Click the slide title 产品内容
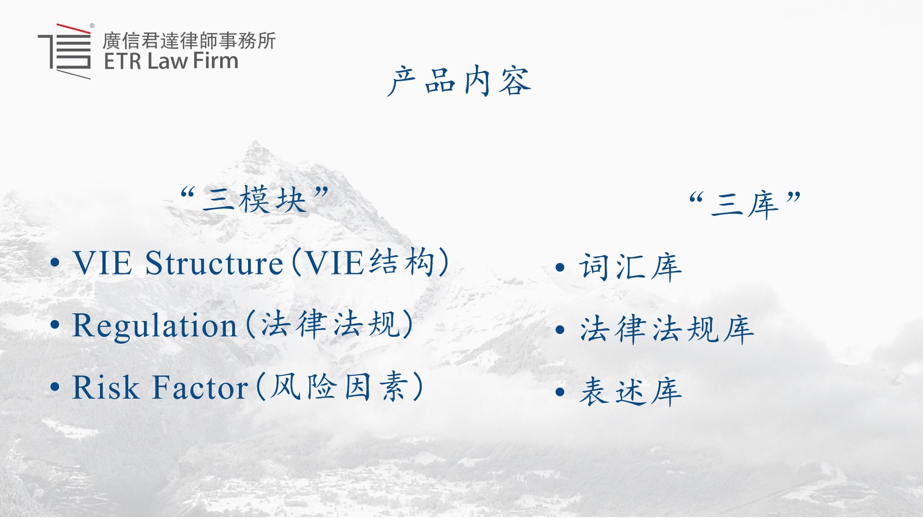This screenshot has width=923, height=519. (459, 81)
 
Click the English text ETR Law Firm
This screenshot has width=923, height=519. (171, 61)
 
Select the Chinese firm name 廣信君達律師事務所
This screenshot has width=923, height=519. (189, 40)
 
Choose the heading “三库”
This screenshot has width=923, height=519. (745, 205)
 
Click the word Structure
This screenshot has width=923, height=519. (214, 263)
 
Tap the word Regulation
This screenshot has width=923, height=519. (155, 325)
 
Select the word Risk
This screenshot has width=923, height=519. (106, 387)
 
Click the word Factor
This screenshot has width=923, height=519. (200, 387)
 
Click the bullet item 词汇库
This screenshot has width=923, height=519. (630, 267)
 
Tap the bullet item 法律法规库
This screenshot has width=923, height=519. (667, 329)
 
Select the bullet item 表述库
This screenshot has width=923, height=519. (630, 392)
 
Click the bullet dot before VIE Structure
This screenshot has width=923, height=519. (55, 263)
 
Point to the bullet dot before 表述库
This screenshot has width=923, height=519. (560, 392)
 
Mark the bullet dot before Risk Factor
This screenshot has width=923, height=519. (55, 387)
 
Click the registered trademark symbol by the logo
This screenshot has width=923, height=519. (92, 26)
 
